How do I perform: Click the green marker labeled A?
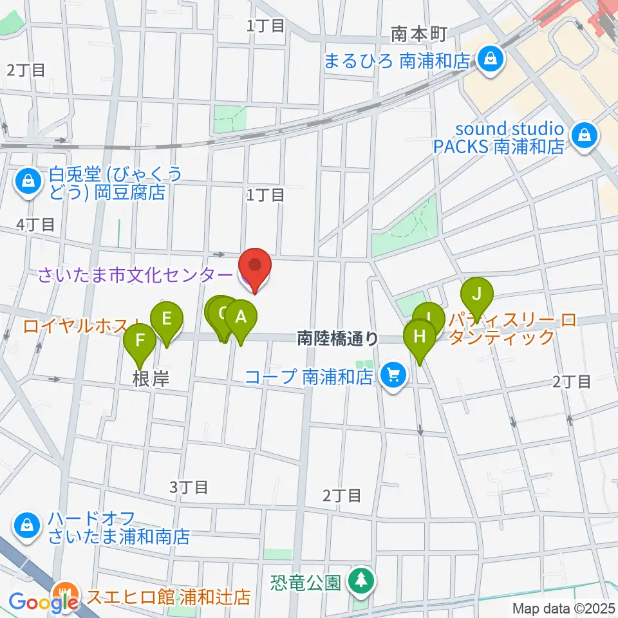tap(240, 318)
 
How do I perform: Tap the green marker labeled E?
tap(166, 319)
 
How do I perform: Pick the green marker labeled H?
tap(420, 337)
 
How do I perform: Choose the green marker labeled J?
tap(476, 295)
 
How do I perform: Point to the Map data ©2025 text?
tap(563, 608)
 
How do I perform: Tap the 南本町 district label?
tap(418, 33)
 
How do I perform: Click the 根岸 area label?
tap(151, 379)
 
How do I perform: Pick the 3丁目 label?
tap(189, 487)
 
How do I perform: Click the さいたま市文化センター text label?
tap(135, 276)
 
